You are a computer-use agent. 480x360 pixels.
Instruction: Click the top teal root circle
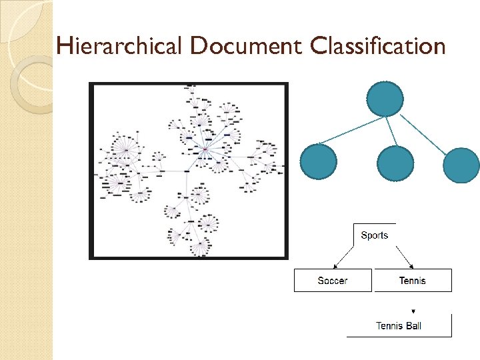pyautogui.click(x=385, y=99)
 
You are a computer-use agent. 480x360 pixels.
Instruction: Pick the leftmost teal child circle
pyautogui.click(x=319, y=163)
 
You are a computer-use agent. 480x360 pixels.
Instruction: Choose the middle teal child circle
pyautogui.click(x=395, y=164)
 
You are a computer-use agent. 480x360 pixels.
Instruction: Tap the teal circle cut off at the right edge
pyautogui.click(x=461, y=165)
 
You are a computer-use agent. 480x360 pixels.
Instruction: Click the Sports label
pyautogui.click(x=374, y=235)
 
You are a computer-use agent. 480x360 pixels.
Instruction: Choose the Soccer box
pyautogui.click(x=333, y=281)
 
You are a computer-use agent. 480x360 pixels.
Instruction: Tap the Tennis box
pyautogui.click(x=413, y=281)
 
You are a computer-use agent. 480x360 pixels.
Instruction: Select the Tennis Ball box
pyautogui.click(x=399, y=326)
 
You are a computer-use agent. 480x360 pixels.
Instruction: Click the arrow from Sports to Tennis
pyautogui.click(x=403, y=255)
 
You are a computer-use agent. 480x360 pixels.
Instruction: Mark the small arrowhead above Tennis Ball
pyautogui.click(x=413, y=311)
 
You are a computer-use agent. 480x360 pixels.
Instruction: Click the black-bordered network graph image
pyautogui.click(x=189, y=171)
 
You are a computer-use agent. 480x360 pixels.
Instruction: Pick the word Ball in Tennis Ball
pyautogui.click(x=412, y=326)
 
